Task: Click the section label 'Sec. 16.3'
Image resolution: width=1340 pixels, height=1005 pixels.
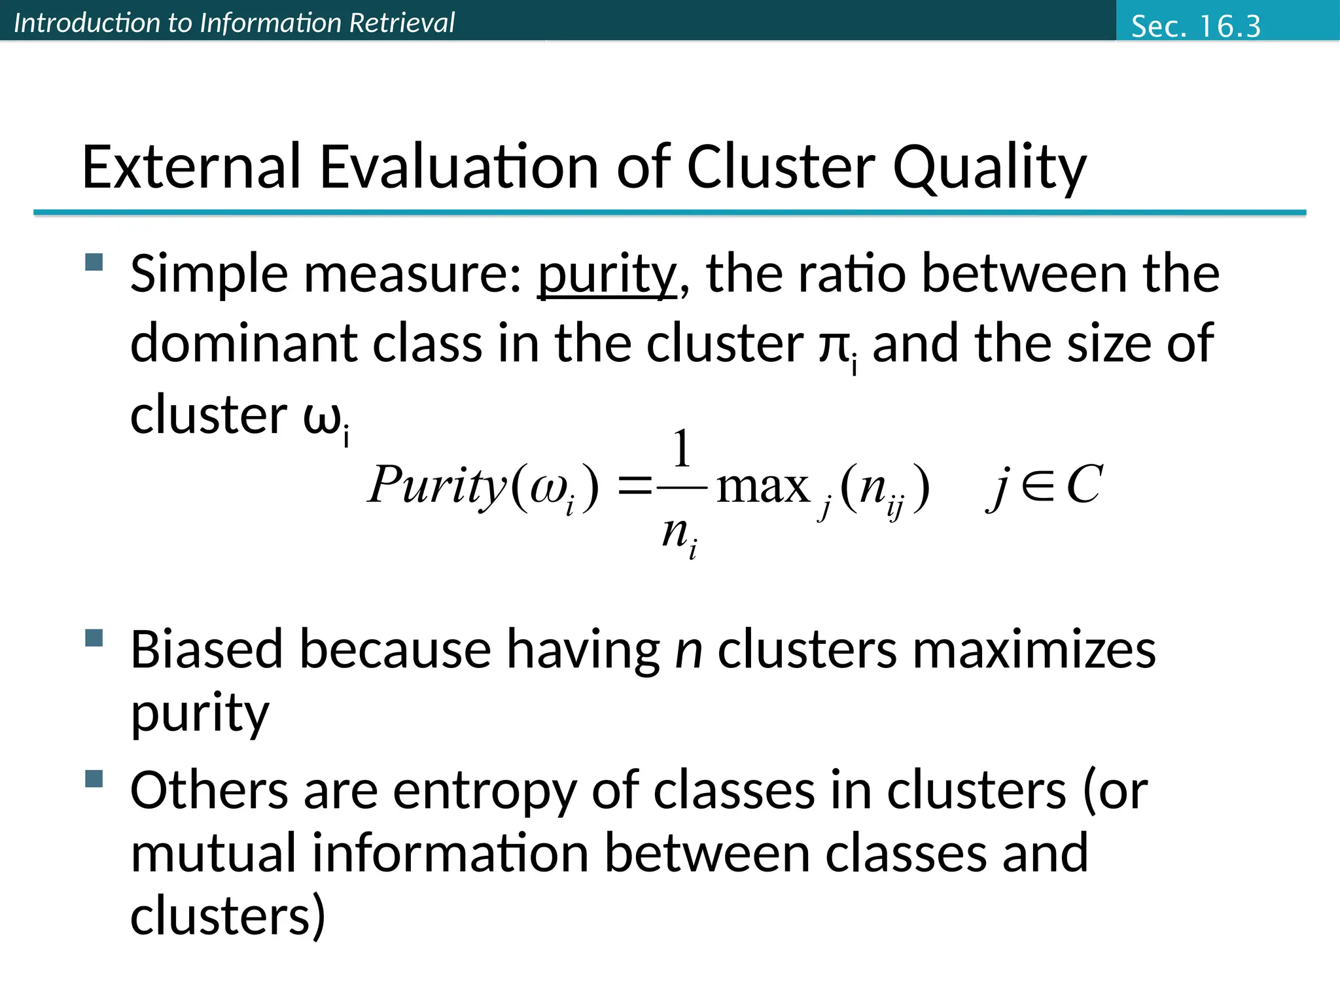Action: pos(1195,26)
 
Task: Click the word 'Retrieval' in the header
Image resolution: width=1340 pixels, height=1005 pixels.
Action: pos(401,23)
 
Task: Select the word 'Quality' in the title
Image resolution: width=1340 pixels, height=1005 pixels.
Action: pos(989,168)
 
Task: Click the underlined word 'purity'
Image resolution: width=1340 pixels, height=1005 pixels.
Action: pos(607,275)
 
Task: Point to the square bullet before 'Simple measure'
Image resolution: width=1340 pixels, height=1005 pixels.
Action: pos(94,262)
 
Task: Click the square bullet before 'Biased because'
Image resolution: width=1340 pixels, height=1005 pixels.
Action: pos(94,638)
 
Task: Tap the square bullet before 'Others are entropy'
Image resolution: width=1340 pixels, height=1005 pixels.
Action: pos(94,779)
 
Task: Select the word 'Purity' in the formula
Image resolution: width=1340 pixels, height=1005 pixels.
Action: pos(437,486)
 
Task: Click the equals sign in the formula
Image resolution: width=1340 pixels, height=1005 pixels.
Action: pos(634,487)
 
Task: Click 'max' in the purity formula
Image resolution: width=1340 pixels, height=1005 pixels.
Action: pos(763,487)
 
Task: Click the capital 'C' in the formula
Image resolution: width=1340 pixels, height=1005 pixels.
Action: pos(1084,485)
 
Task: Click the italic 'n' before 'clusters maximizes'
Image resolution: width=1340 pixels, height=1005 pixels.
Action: pos(688,650)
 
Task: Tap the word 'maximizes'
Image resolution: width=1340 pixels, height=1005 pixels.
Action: pos(1034,650)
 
